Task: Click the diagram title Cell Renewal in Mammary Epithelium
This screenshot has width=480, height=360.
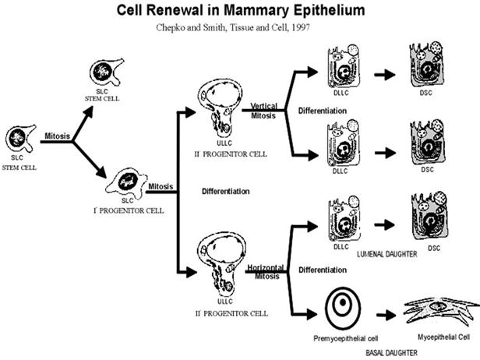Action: point(239,12)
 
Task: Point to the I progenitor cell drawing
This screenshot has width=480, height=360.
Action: point(129,183)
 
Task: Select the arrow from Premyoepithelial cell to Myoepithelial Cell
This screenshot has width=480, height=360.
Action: point(384,317)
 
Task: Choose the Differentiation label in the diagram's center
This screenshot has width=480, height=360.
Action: point(225,191)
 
